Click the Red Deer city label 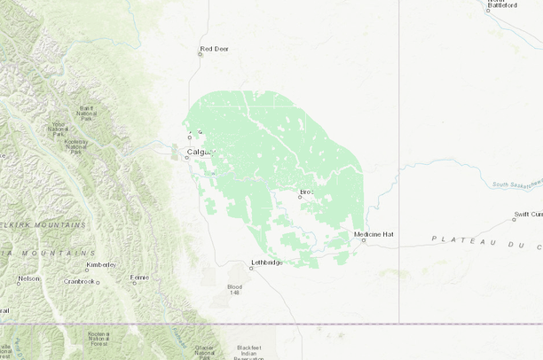click(x=214, y=49)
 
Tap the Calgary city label click(x=201, y=152)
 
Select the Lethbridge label click(x=267, y=262)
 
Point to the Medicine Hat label click(x=373, y=234)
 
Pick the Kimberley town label click(x=100, y=264)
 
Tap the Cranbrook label click(x=79, y=282)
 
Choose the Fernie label click(x=139, y=278)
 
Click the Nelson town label click(x=28, y=278)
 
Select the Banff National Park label click(x=86, y=113)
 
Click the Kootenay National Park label click(x=75, y=146)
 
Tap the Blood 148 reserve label click(x=234, y=290)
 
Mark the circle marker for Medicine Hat click(x=363, y=240)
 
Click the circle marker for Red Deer click(x=200, y=54)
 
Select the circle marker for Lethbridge click(x=250, y=268)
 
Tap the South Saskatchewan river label click(x=511, y=184)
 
